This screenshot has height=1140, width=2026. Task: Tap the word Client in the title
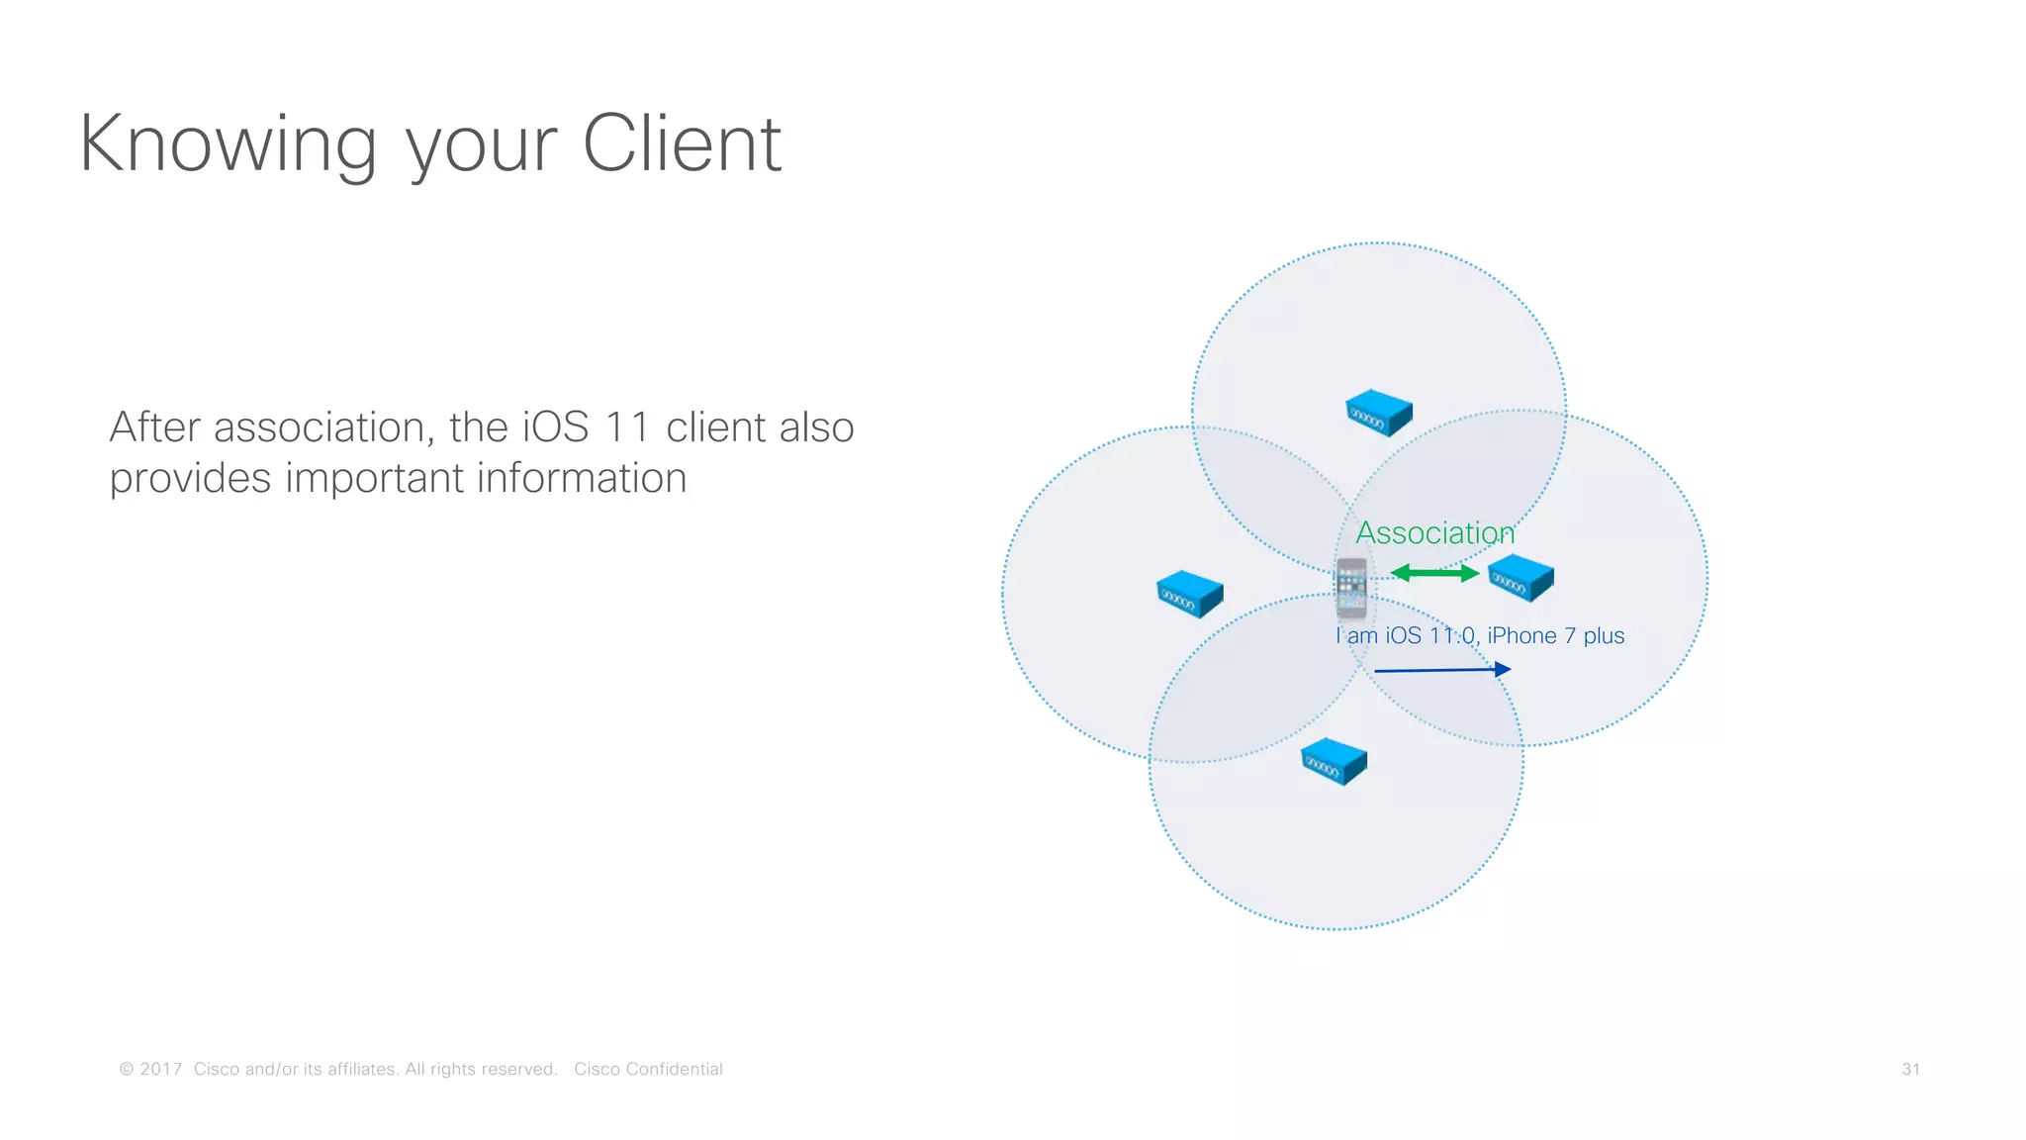(682, 144)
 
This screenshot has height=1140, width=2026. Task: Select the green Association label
(1434, 533)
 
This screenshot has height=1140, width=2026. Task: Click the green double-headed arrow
(1434, 573)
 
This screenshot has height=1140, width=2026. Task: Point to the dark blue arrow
(1442, 670)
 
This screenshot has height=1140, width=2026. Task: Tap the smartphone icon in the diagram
(1351, 587)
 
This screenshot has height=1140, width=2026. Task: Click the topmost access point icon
(1378, 414)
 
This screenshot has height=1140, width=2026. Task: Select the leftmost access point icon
(1190, 594)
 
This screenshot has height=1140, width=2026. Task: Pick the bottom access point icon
(1334, 762)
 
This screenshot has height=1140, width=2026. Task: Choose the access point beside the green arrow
(1520, 578)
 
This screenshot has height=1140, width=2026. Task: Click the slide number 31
(1910, 1069)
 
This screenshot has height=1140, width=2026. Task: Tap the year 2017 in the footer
(161, 1069)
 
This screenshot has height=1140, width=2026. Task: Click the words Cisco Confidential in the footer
(648, 1069)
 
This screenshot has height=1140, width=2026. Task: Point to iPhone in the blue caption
(1521, 635)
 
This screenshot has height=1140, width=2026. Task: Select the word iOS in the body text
(556, 427)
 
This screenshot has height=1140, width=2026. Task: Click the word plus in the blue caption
(1604, 636)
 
